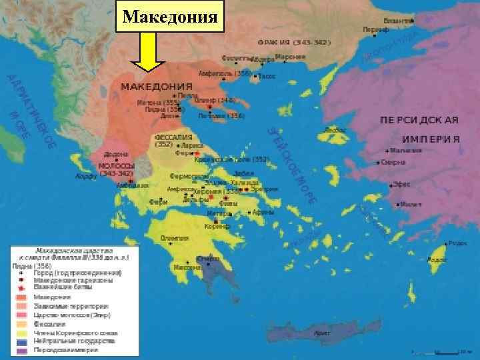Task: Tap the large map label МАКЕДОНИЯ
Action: (156, 87)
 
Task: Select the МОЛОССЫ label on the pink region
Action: (117, 165)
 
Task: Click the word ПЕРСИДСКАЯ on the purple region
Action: (419, 120)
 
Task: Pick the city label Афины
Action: (263, 212)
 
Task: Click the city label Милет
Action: (412, 204)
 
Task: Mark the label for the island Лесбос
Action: (333, 129)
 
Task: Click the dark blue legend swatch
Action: (21, 341)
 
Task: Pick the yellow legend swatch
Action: (21, 333)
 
